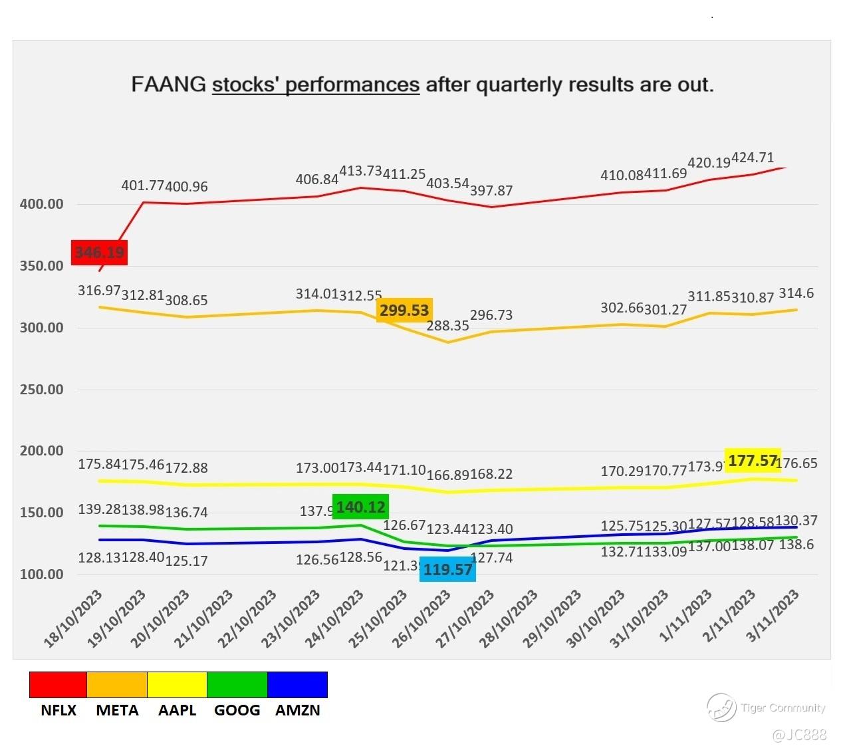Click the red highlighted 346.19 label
(x=99, y=253)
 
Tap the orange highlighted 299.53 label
(x=404, y=311)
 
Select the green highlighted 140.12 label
(x=360, y=507)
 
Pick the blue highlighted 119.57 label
(x=447, y=570)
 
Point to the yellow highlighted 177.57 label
(x=753, y=461)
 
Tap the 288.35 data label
(x=447, y=326)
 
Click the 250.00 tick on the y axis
(x=42, y=390)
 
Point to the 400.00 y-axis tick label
(x=42, y=204)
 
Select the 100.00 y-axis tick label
(x=42, y=574)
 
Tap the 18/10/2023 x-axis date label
(x=74, y=619)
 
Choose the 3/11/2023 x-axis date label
(x=773, y=616)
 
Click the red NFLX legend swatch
(x=58, y=685)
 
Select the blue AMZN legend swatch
(x=297, y=685)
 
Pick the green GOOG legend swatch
(x=237, y=685)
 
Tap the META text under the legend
(x=117, y=710)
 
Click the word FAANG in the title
(x=168, y=85)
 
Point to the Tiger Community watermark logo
(x=721, y=707)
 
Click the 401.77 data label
(x=142, y=186)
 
